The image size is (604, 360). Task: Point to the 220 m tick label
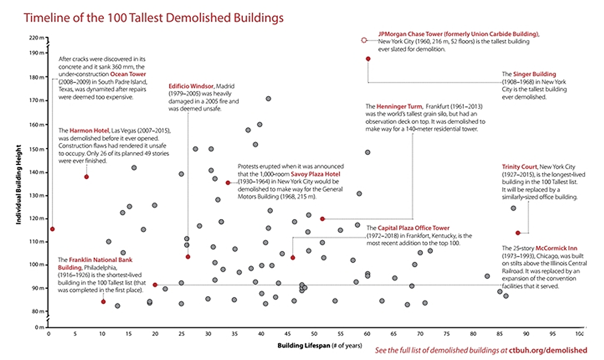pos(36,38)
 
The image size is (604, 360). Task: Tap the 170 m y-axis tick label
pos(36,101)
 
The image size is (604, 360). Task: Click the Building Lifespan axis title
pos(312,345)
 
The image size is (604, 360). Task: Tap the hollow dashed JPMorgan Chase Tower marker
pos(364,40)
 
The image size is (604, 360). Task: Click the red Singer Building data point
pos(368,59)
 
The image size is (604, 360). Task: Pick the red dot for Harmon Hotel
pos(86,177)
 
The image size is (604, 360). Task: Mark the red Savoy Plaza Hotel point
pos(228,183)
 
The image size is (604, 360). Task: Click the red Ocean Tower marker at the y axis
pos(52,229)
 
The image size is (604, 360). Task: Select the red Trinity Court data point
pos(518,233)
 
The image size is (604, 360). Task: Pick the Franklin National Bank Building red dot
pos(103,302)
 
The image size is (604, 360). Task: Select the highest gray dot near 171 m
pos(268,99)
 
